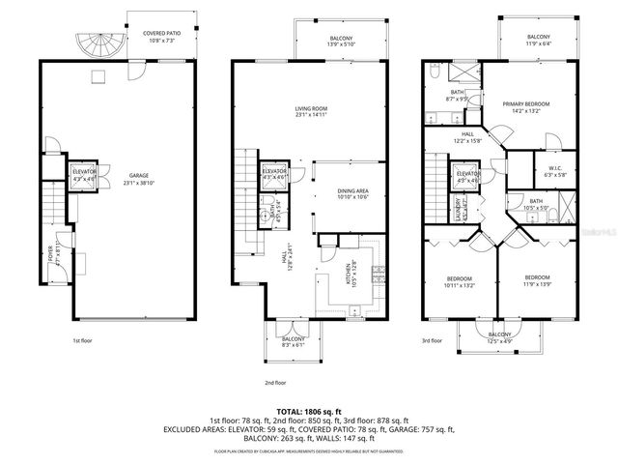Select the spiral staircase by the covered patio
98,43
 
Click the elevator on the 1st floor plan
84,175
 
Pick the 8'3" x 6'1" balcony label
294,342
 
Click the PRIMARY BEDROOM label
525,106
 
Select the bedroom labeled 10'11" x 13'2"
460,282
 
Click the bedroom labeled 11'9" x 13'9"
538,280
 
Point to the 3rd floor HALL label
467,139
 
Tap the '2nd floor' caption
278,382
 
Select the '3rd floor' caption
432,341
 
